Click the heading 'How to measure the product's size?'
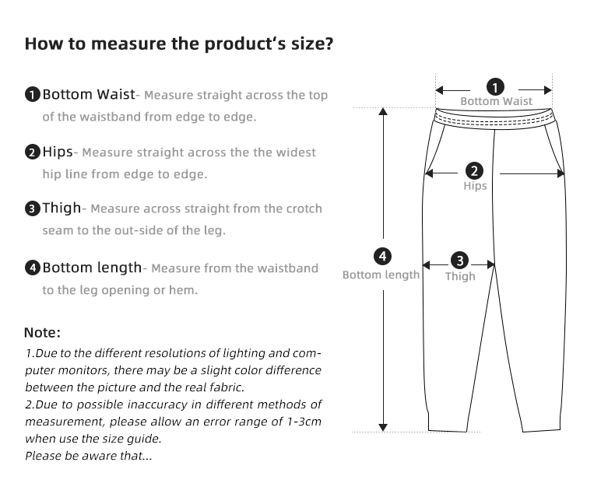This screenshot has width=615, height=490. point(179,43)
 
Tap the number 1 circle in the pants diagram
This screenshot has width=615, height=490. point(495,87)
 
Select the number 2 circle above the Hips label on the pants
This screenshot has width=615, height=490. point(474,171)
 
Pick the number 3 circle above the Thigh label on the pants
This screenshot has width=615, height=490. point(460,261)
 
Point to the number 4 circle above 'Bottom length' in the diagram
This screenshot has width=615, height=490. point(382,257)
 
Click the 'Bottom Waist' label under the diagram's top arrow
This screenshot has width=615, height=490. point(496,101)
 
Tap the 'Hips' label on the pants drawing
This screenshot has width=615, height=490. point(475,186)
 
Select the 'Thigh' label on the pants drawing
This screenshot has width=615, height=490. point(460,276)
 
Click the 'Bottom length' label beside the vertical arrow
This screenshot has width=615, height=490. point(381,275)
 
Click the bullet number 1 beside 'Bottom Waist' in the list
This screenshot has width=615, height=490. point(32,96)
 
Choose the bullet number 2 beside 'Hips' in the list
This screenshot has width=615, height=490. point(32,152)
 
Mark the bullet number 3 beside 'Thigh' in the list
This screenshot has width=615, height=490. point(32,208)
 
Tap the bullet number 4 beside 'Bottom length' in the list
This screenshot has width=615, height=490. point(32,268)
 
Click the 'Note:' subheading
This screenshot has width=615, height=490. point(42,333)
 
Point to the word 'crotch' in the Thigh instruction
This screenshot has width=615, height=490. point(304,209)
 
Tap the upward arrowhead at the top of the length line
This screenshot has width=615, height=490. point(382,111)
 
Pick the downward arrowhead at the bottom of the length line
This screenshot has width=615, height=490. point(382,426)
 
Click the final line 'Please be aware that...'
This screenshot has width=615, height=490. point(88,456)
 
